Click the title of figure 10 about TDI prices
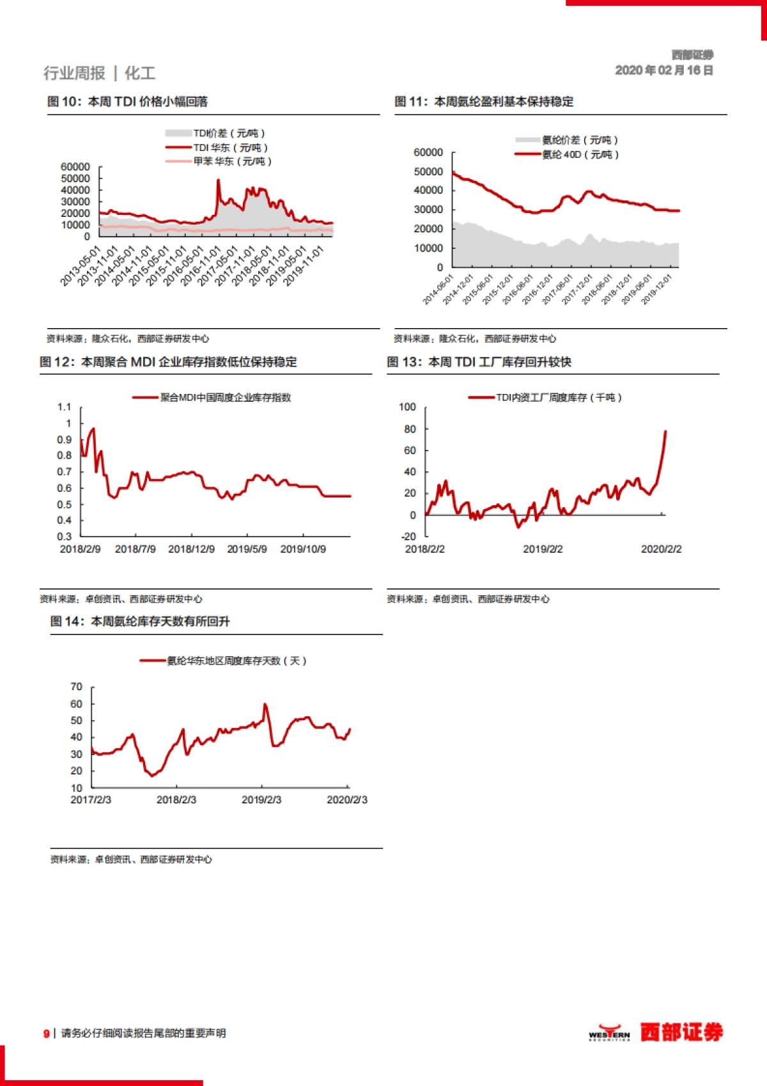click(x=127, y=101)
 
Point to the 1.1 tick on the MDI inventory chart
click(x=65, y=407)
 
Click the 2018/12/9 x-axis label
click(x=191, y=549)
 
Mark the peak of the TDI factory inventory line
click(x=665, y=431)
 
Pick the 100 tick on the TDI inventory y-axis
click(x=407, y=407)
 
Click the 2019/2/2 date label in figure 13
click(x=543, y=549)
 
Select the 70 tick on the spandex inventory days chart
click(x=77, y=687)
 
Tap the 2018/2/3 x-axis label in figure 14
click(x=176, y=799)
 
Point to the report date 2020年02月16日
click(x=663, y=70)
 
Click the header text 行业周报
click(x=74, y=74)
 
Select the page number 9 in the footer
click(x=46, y=1034)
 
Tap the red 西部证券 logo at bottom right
click(x=681, y=1032)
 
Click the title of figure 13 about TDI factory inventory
click(x=479, y=362)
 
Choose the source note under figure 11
click(x=475, y=338)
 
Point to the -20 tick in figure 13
click(x=409, y=536)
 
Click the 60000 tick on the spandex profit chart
click(x=428, y=152)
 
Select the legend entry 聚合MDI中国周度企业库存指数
click(x=225, y=397)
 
